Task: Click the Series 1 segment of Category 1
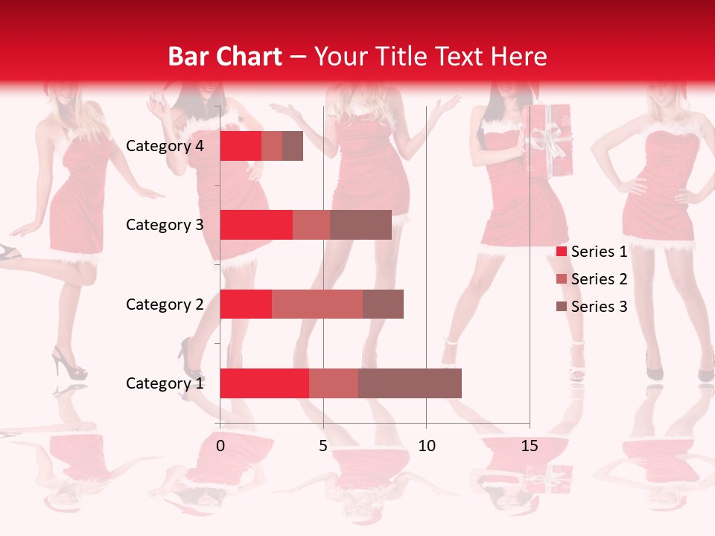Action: point(264,383)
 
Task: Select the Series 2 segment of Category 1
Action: point(334,383)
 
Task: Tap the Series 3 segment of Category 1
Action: point(410,383)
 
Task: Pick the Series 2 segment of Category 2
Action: point(317,304)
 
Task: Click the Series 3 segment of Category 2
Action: point(383,304)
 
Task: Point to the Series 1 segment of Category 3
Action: point(256,225)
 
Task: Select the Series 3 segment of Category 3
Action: point(360,225)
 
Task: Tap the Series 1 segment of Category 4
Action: point(241,146)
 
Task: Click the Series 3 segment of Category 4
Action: point(293,146)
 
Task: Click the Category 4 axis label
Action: point(165,146)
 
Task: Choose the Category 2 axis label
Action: point(165,304)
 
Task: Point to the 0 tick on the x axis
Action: point(220,446)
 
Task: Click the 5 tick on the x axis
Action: point(323,446)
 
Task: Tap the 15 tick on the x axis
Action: point(530,446)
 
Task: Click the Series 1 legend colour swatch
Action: point(561,252)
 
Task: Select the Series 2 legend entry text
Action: point(599,279)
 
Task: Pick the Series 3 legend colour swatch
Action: point(561,307)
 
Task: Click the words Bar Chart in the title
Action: point(225,57)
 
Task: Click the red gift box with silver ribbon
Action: point(549,141)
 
